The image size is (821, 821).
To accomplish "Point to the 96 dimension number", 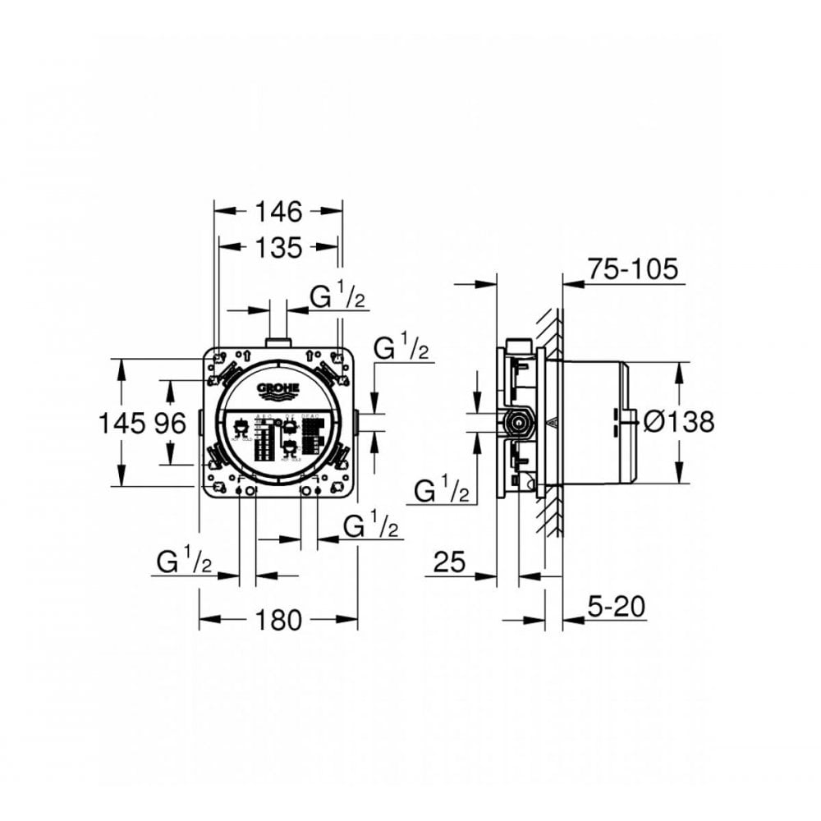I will (x=169, y=423).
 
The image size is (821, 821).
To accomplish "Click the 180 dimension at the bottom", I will (x=278, y=620).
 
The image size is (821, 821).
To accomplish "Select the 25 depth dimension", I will (x=449, y=562).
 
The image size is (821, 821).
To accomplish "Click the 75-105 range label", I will (x=632, y=268).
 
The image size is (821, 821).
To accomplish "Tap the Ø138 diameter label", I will (x=679, y=422).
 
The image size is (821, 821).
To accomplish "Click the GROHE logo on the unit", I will (x=278, y=389).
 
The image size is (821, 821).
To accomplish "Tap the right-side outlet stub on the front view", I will (x=360, y=423).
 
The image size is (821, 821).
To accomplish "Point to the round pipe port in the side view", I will (x=517, y=424).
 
